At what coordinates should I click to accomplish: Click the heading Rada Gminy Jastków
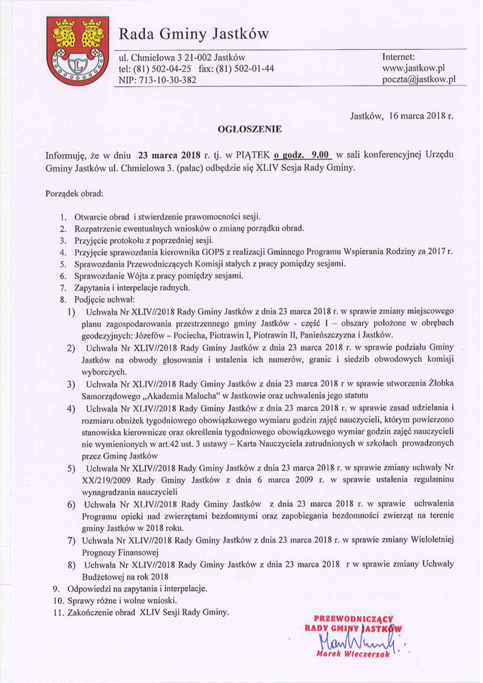point(193,32)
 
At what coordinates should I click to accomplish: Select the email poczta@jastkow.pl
point(415,80)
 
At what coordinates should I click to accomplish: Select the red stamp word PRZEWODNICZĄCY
point(354,618)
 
